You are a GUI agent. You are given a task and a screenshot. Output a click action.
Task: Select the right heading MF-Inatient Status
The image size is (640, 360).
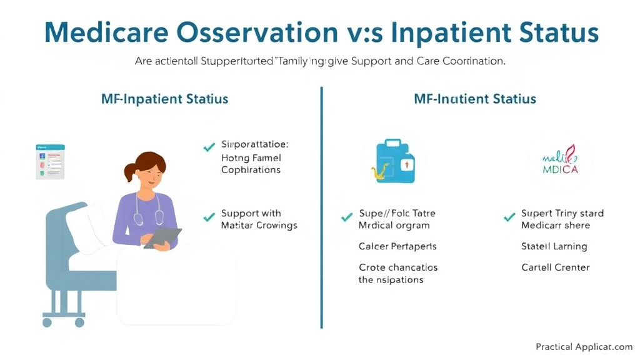point(474,99)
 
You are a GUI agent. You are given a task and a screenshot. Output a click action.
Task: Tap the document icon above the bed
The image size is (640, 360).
point(50,161)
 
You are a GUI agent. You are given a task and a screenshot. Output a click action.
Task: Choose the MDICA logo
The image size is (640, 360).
point(559,161)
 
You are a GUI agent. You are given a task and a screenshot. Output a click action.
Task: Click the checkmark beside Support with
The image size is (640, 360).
point(209,218)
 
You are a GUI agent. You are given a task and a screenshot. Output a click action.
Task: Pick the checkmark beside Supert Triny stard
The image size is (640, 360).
point(509,218)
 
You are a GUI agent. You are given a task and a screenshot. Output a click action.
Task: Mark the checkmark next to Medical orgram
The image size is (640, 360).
point(346,218)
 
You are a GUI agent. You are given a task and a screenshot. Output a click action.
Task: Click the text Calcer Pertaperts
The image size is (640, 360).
point(397,246)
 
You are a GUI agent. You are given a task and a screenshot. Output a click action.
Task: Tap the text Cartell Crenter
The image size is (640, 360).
point(556,267)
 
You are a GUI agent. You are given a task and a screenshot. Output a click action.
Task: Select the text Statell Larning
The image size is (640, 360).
point(554,246)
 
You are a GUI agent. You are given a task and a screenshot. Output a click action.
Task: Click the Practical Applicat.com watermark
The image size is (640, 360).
point(584,346)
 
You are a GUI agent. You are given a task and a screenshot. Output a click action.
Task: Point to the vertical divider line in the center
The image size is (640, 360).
point(321,206)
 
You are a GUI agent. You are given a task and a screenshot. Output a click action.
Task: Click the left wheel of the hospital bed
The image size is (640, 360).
point(47,322)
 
